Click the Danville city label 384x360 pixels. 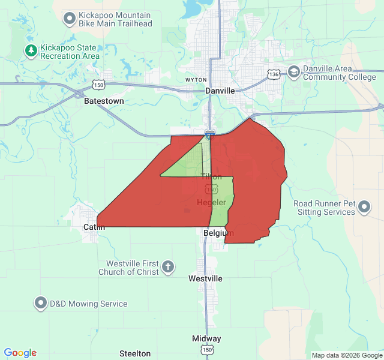point(220,90)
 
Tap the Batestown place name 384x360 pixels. point(104,101)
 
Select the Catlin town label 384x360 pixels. point(94,227)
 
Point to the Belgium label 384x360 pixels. point(218,233)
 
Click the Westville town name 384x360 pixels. point(205,278)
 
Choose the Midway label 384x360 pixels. point(206,338)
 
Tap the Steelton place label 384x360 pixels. point(135,353)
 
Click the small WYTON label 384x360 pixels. point(196,80)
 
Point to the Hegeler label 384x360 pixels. point(211,202)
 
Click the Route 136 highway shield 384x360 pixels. point(274,74)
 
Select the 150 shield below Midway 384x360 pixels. point(207,350)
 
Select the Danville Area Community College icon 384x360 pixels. point(293,72)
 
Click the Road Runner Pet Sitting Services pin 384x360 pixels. point(364,208)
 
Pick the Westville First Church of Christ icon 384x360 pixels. point(169,267)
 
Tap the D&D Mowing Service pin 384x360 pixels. point(41,304)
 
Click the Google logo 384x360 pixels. point(20,353)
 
